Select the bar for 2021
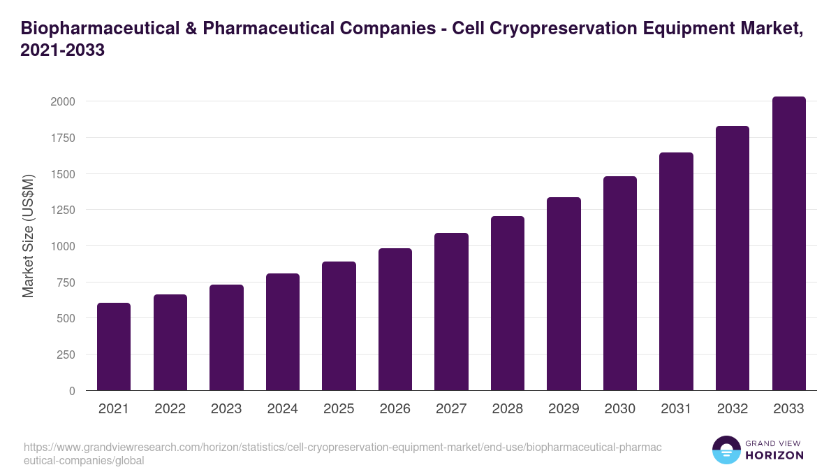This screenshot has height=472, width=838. [x=114, y=347]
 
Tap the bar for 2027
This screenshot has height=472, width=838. [x=451, y=312]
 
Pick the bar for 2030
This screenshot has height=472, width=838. [x=620, y=283]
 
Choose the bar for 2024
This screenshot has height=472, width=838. [x=283, y=332]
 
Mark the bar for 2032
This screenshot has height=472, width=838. [x=733, y=258]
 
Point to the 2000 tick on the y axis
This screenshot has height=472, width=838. [x=62, y=101]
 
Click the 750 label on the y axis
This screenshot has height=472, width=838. [x=66, y=283]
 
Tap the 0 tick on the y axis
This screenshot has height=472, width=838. [x=72, y=391]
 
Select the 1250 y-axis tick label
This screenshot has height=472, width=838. [x=62, y=210]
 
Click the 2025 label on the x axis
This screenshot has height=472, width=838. [x=339, y=409]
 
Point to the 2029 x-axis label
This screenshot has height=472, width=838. [x=564, y=409]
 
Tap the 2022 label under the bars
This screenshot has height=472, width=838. [x=170, y=409]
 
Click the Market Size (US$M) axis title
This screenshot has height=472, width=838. [x=28, y=236]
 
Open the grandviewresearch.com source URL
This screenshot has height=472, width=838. [x=342, y=454]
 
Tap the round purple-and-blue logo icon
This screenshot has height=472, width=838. [x=726, y=450]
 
